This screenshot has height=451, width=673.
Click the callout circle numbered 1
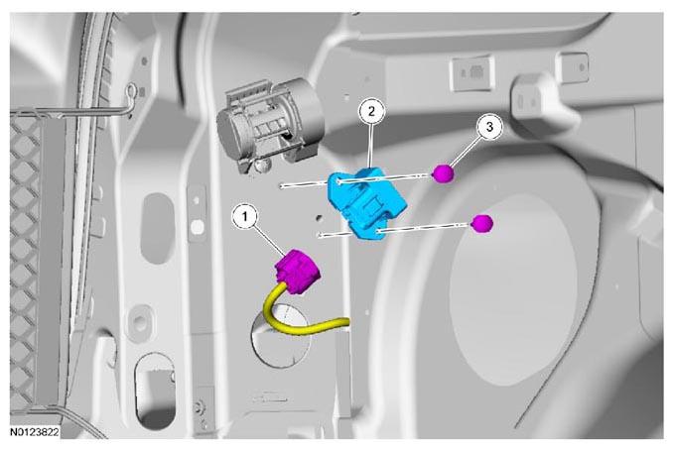(x=244, y=217)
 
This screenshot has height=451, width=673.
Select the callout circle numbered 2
(x=371, y=111)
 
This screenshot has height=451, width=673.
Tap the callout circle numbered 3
(x=489, y=127)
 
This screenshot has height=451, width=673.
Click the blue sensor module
(x=366, y=201)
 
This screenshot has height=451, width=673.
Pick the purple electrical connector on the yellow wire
(x=298, y=271)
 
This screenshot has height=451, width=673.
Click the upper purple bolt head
(x=443, y=173)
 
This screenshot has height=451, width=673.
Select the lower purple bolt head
(x=482, y=224)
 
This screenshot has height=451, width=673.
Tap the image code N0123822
(x=35, y=432)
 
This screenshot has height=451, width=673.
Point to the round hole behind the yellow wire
(x=280, y=335)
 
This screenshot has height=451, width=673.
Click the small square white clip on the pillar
(x=197, y=227)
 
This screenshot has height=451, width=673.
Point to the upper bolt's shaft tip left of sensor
(x=282, y=186)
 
